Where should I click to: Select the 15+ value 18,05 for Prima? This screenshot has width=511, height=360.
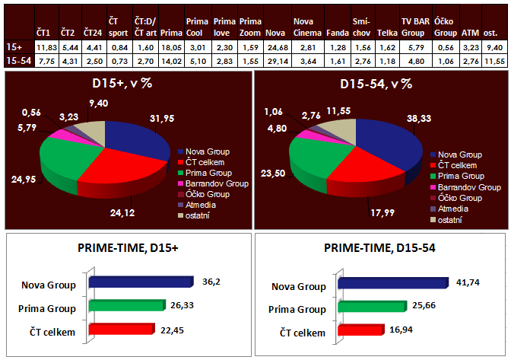(x=173, y=47)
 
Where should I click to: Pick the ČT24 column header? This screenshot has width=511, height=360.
(x=93, y=33)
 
